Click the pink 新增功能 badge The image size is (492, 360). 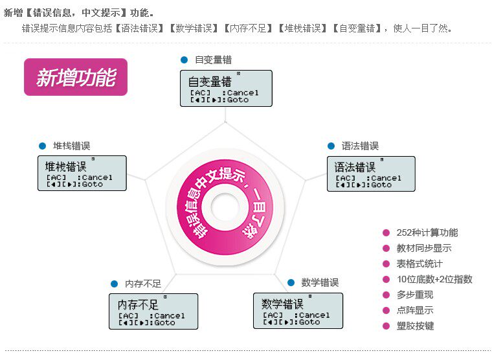[76, 77]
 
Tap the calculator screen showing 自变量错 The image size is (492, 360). [226, 88]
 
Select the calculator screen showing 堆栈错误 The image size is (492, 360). [82, 173]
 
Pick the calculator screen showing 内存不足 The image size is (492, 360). [153, 311]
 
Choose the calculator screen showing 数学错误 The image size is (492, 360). [298, 311]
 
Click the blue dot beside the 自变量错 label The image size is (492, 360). [184, 60]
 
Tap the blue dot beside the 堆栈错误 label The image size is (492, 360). [42, 146]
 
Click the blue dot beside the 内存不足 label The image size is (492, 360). [114, 284]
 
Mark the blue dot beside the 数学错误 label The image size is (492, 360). [291, 282]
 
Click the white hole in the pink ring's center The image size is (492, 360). [225, 211]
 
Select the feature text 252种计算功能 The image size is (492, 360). [427, 232]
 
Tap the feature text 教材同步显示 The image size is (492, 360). [424, 248]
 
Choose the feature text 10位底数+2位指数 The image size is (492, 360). [434, 279]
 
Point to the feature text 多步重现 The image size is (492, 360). [415, 295]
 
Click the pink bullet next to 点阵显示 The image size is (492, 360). [386, 310]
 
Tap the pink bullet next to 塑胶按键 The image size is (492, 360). [386, 326]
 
